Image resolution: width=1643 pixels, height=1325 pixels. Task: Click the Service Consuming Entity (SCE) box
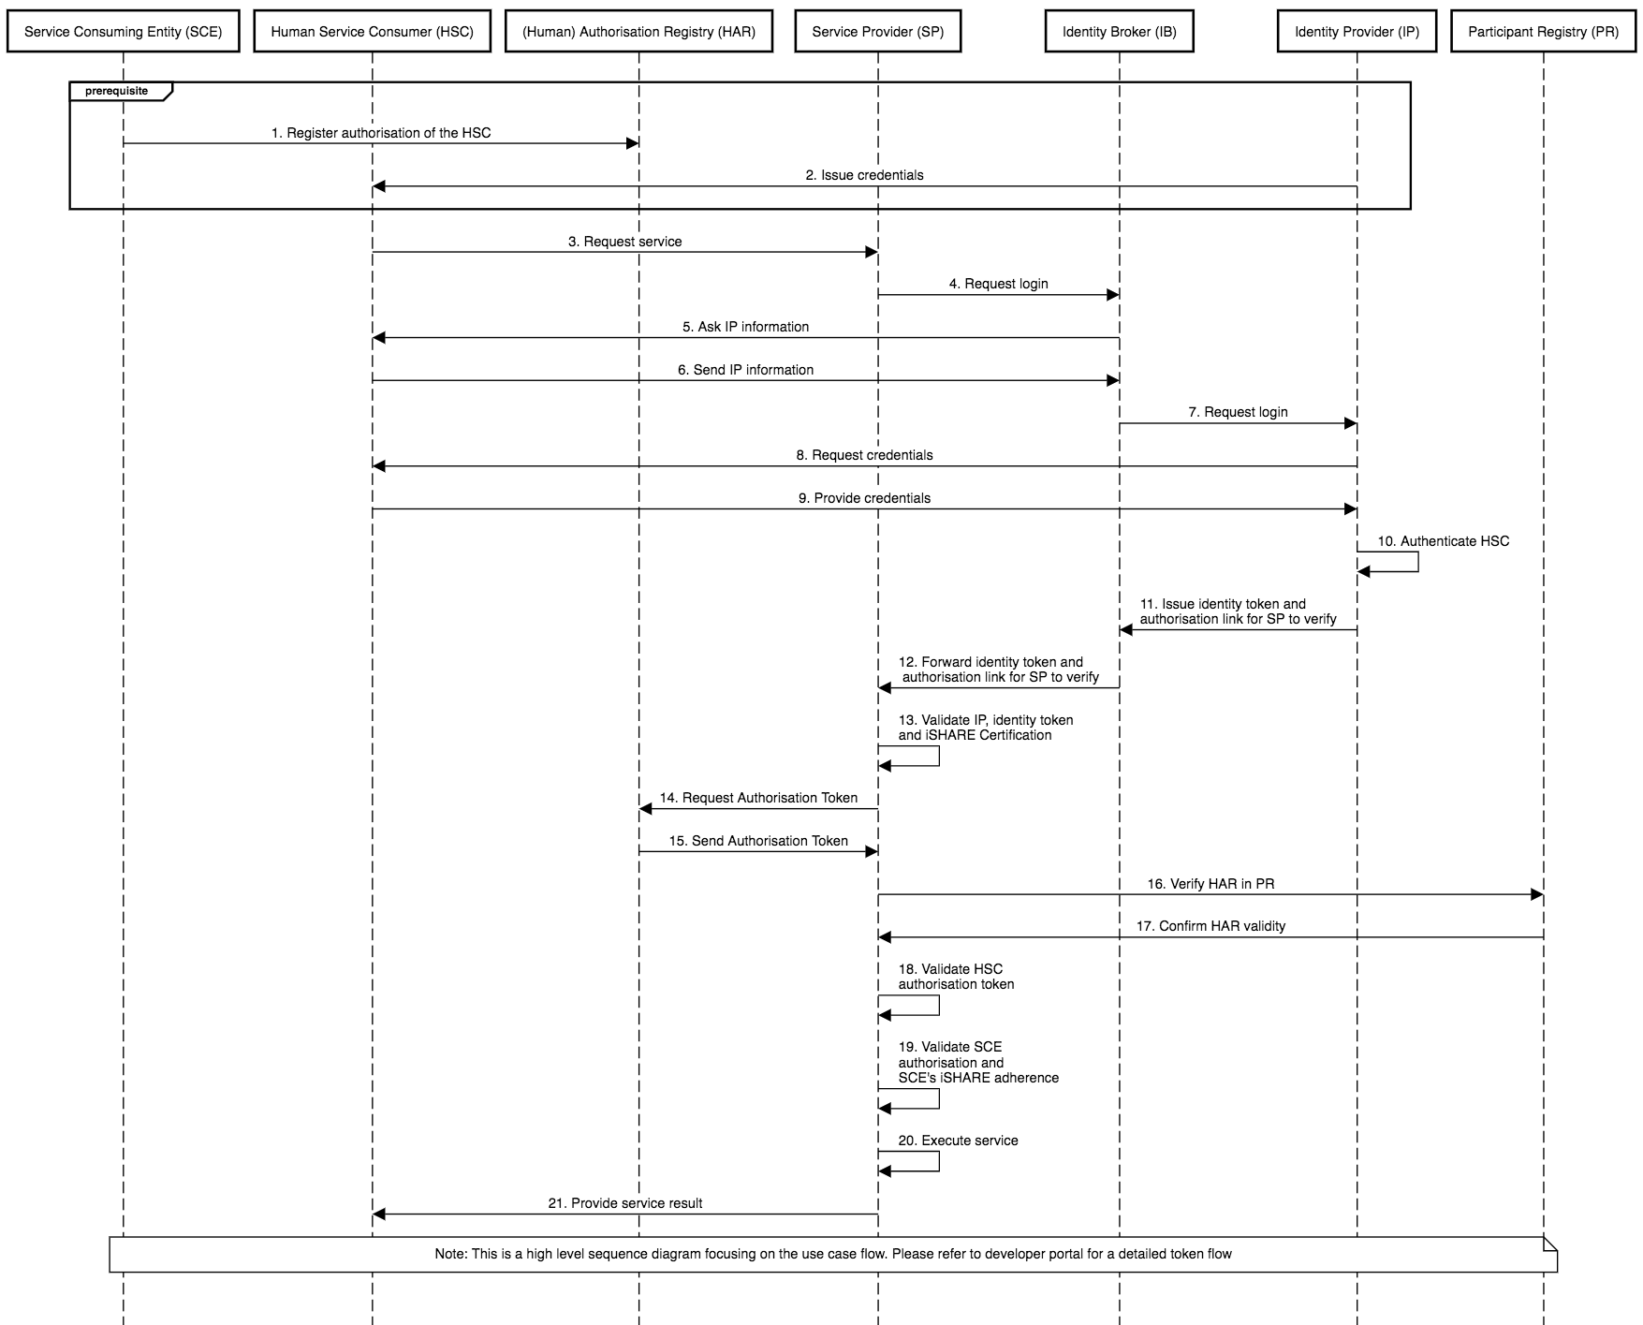tap(124, 32)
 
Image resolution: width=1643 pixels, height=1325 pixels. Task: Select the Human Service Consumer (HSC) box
tap(372, 32)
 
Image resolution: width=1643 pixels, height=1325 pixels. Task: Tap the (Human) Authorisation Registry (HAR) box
tap(638, 32)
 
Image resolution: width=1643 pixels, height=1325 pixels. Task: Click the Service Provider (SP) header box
tap(877, 32)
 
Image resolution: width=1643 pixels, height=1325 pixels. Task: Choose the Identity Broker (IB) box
tap(1119, 32)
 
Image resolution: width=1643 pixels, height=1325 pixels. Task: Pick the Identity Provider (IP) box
tap(1357, 32)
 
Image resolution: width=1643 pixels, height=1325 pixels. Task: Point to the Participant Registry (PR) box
tap(1543, 32)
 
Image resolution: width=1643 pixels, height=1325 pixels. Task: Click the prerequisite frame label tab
tap(121, 92)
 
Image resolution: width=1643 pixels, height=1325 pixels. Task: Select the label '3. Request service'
tap(624, 242)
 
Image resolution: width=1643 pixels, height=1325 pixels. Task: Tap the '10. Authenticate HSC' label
tap(1443, 541)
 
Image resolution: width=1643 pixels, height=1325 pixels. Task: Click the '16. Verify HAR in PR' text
tap(1210, 884)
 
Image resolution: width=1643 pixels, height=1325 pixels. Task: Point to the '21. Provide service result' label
tap(624, 1203)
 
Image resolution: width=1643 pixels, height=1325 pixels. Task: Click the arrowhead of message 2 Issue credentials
tap(379, 186)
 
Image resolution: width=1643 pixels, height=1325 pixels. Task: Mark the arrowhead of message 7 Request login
tap(1350, 423)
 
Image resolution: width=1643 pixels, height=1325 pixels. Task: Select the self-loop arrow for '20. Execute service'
tap(939, 1161)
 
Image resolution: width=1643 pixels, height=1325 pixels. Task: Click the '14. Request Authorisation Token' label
tap(758, 798)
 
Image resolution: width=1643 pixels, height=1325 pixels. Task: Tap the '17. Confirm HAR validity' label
tap(1210, 926)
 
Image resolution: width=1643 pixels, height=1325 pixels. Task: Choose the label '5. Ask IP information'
tap(745, 327)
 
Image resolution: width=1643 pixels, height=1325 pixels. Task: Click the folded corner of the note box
tap(1550, 1244)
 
